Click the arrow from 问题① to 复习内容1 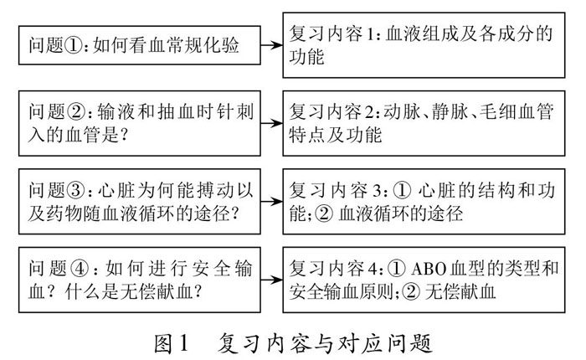269,44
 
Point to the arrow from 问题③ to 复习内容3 269,195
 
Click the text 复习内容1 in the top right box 334,36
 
